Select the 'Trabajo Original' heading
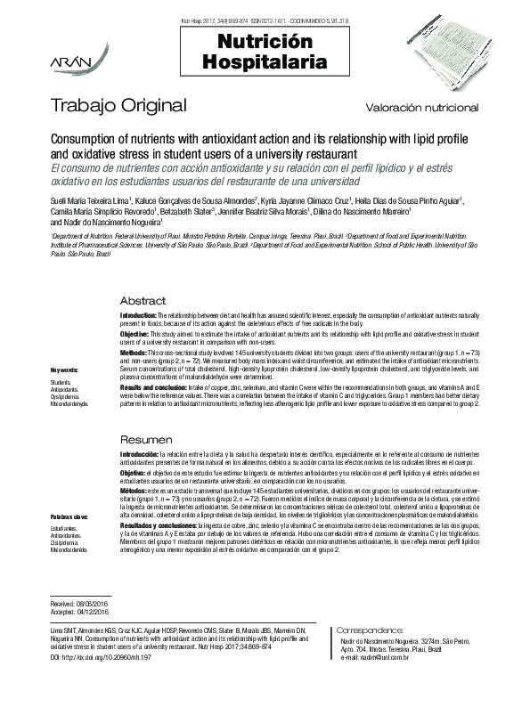point(118,106)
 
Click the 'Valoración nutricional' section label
point(421,108)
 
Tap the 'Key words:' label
point(63,370)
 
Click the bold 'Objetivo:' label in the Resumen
point(135,472)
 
